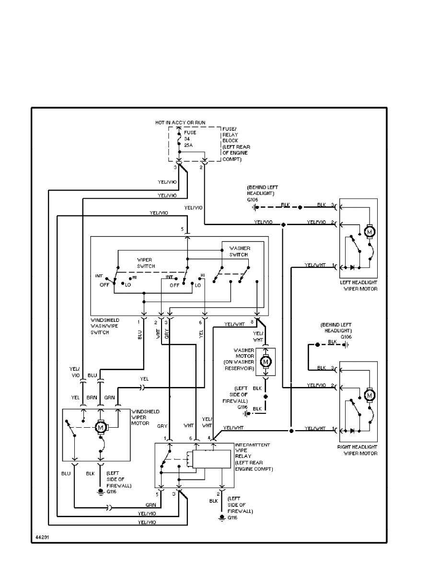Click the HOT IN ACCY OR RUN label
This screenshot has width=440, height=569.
point(180,123)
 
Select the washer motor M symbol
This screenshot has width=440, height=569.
point(265,359)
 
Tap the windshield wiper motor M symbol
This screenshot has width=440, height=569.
point(101,426)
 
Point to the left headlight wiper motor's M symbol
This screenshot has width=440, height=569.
point(370,232)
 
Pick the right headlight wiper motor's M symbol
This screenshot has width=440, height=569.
point(370,396)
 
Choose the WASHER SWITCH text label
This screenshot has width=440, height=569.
point(240,251)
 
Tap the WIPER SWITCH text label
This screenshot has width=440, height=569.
point(144,262)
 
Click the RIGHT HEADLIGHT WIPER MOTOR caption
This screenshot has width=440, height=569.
point(358,450)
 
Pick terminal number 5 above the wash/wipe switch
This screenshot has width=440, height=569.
point(182,229)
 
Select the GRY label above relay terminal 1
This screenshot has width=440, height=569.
point(162,424)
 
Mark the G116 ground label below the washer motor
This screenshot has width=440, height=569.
point(242,407)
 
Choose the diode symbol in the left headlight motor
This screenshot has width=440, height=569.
point(353,266)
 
